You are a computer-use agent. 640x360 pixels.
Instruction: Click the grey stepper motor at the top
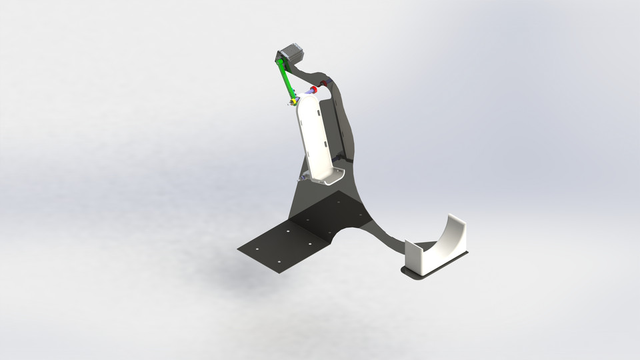coord(291,54)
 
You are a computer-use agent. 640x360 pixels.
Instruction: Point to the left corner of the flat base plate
coord(239,249)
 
